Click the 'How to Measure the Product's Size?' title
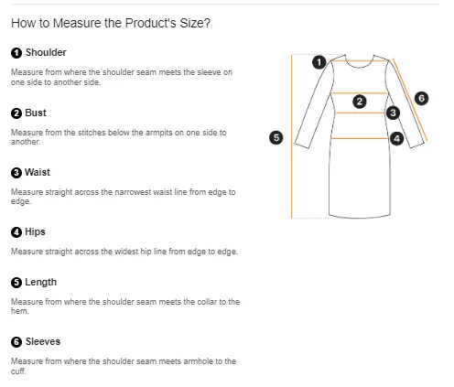[111, 23]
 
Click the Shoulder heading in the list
[46, 52]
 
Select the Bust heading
[36, 113]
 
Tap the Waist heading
[38, 172]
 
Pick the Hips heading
[35, 231]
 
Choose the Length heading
[40, 282]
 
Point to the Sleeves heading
[43, 341]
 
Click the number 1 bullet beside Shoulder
[16, 53]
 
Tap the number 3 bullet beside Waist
[16, 173]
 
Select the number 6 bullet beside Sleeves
[16, 342]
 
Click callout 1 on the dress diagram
[319, 62]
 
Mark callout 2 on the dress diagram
[360, 102]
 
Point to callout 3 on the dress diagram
[393, 113]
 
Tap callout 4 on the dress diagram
[396, 139]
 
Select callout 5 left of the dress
[276, 137]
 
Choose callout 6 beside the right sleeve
[421, 98]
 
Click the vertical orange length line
[292, 136]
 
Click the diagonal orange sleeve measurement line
[410, 100]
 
